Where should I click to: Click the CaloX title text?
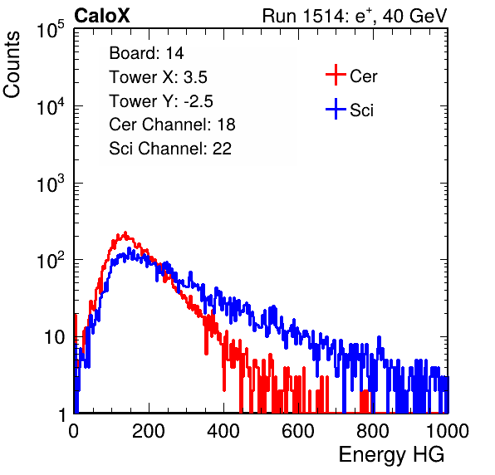101,16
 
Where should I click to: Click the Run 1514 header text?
355,16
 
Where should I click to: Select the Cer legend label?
363,76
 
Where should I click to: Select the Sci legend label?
361,110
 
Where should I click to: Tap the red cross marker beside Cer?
336,75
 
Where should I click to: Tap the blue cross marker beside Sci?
336,109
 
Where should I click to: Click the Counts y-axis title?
12,65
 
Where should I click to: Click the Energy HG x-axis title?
391,455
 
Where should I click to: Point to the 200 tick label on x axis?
149,431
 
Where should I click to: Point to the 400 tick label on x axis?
223,431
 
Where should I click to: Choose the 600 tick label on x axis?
298,431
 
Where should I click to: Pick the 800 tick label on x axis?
373,431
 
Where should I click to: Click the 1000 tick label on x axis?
448,431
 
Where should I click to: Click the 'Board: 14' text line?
146,53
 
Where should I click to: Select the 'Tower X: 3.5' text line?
158,77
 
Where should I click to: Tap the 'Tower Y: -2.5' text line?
161,101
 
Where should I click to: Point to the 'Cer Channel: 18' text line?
172,125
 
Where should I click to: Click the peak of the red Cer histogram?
125,233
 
